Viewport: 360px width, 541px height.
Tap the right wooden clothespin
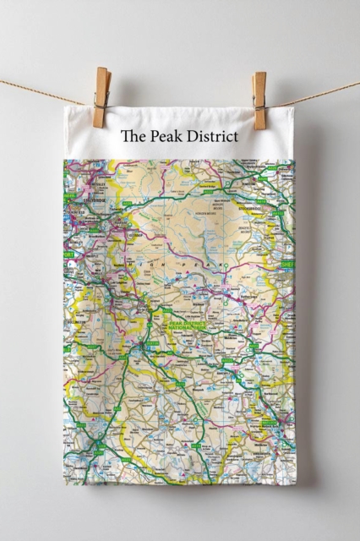tap(259, 100)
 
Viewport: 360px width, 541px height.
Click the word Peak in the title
tap(161, 135)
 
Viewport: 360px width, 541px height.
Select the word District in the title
tap(209, 135)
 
